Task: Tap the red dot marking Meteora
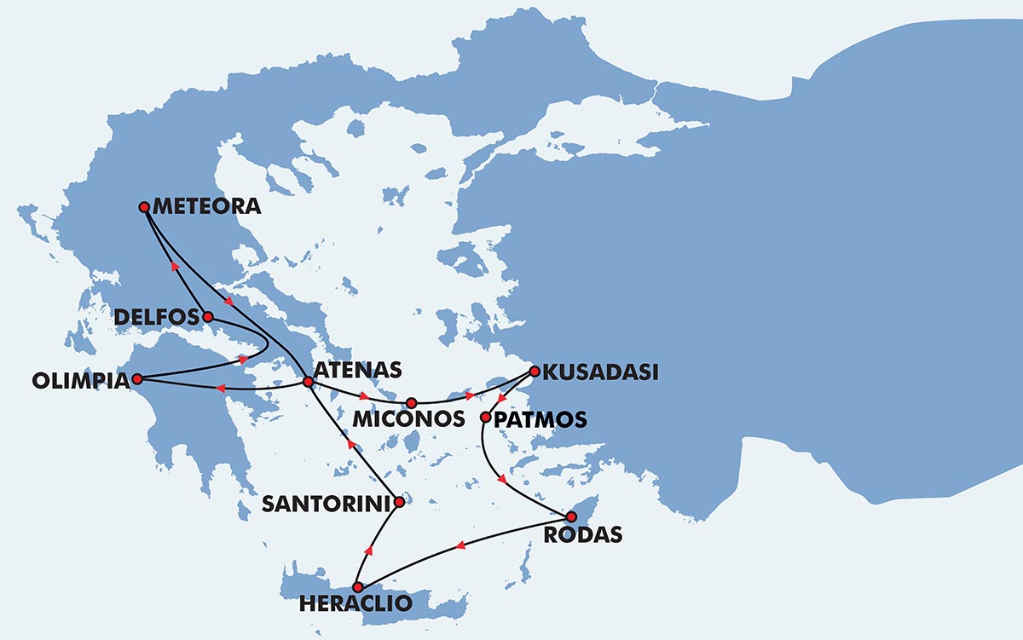click(x=144, y=206)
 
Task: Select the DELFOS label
click(x=156, y=317)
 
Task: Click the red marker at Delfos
click(x=208, y=316)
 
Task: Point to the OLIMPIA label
click(x=78, y=380)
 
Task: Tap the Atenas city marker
click(x=308, y=381)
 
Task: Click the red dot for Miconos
click(x=411, y=402)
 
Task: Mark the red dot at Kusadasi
click(x=535, y=371)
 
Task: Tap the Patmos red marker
click(x=486, y=418)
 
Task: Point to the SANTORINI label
click(x=327, y=504)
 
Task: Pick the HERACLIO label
click(x=356, y=604)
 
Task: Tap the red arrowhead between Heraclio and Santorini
click(x=368, y=551)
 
